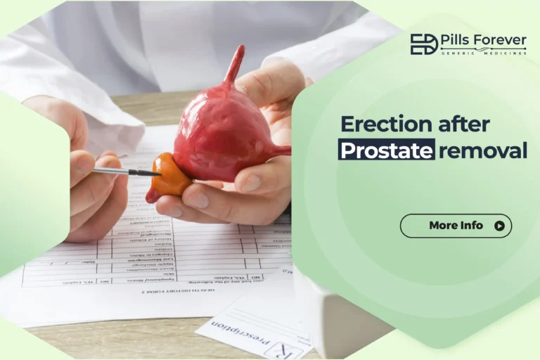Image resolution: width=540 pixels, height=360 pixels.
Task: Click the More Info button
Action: click(456, 226)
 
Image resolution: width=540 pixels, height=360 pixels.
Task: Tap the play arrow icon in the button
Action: click(499, 226)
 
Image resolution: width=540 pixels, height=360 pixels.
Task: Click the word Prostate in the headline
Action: click(386, 150)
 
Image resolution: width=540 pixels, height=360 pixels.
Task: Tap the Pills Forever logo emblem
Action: click(423, 44)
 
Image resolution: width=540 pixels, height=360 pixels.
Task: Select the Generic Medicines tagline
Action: click(483, 53)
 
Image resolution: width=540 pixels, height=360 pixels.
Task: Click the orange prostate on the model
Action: click(171, 176)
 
